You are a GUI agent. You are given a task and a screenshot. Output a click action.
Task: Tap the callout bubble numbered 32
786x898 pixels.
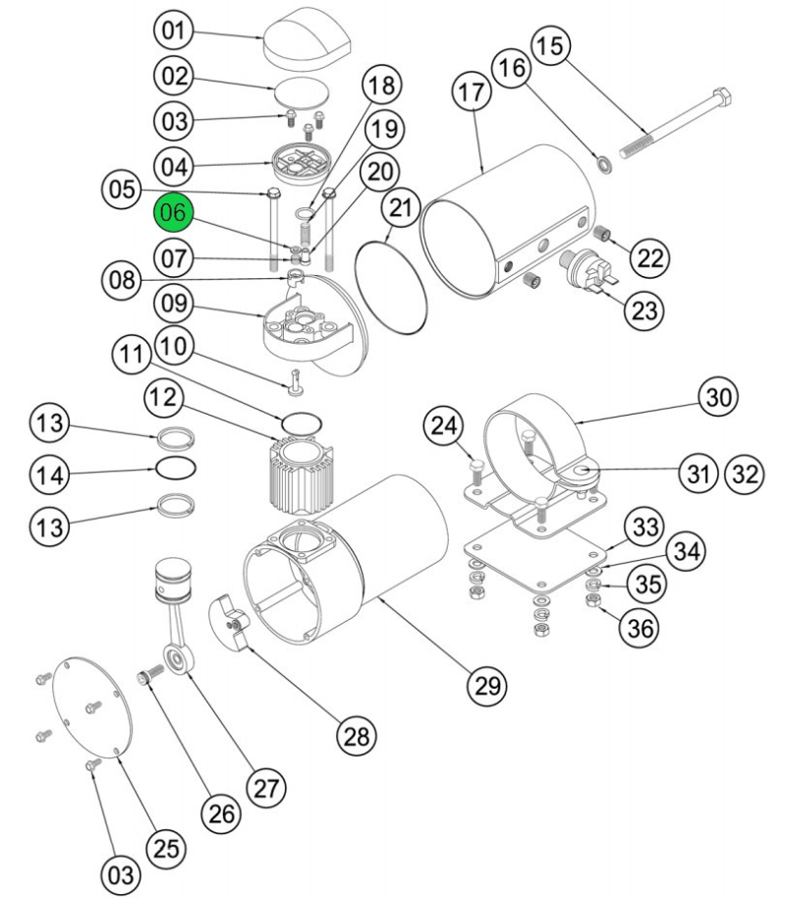click(745, 475)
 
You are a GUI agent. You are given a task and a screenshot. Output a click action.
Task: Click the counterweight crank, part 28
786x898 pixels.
click(232, 623)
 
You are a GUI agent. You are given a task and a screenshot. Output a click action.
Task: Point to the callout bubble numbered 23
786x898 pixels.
click(644, 310)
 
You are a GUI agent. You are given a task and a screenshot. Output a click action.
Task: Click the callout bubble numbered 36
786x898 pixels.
click(640, 626)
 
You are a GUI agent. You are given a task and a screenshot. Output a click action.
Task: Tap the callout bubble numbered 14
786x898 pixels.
click(49, 476)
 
